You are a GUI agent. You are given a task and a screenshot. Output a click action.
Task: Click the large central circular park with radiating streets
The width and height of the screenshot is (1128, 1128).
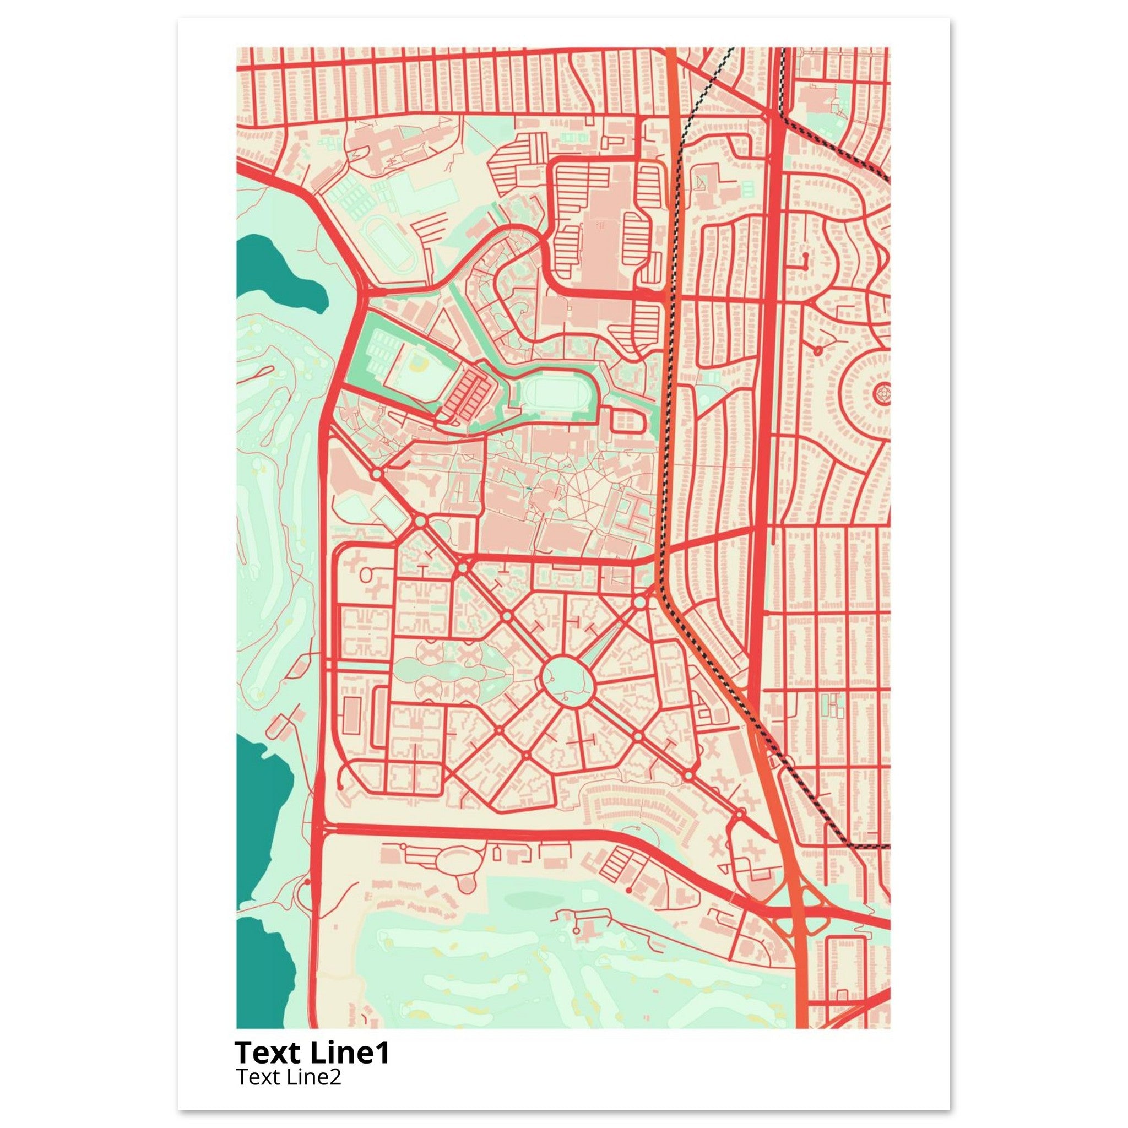pyautogui.click(x=567, y=678)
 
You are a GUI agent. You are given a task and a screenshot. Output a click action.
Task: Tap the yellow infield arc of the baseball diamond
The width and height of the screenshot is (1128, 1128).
pyautogui.click(x=418, y=365)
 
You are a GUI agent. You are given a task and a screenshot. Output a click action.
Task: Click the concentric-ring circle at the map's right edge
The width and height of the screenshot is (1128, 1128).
pyautogui.click(x=883, y=393)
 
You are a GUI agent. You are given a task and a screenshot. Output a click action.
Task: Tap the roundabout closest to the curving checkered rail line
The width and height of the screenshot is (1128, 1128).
pyautogui.click(x=640, y=601)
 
